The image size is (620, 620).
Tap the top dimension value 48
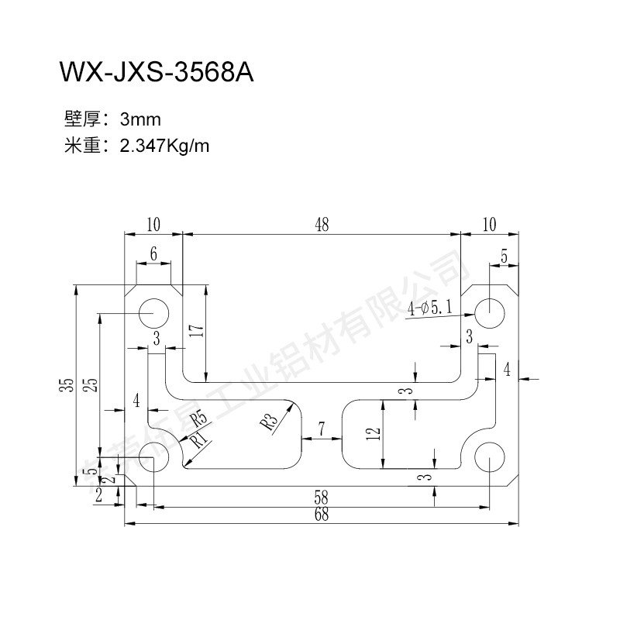click(322, 225)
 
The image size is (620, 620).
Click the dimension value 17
click(197, 332)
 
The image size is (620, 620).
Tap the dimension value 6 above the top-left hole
click(153, 254)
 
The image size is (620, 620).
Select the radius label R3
click(269, 422)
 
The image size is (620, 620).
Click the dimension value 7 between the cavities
click(322, 429)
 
